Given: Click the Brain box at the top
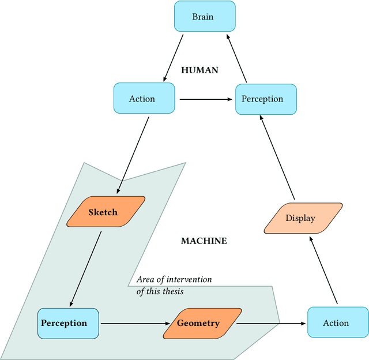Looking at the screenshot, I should [202, 16].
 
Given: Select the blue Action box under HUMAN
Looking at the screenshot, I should [142, 99].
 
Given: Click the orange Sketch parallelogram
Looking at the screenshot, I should [104, 212].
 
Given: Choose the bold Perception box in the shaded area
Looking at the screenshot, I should [64, 323].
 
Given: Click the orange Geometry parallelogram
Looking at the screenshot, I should [198, 323].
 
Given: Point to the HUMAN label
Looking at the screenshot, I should [199, 70].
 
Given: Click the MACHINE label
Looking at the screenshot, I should [204, 241].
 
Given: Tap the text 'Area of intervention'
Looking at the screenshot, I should [174, 280].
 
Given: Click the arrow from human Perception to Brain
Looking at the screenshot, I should [236, 57].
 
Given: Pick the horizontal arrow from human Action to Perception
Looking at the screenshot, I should [205, 99].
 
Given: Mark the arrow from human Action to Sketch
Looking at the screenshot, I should [133, 155].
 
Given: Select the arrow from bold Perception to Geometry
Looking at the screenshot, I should [135, 323].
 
